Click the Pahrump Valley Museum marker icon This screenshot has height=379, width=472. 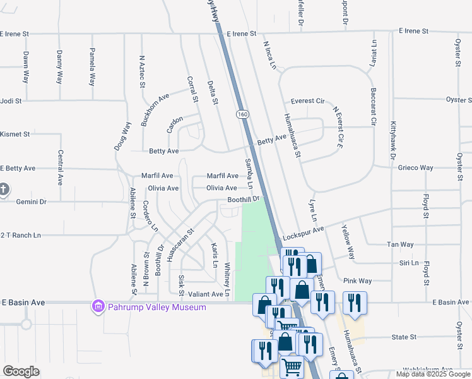coord(98,308)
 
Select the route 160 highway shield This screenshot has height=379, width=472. coord(243,114)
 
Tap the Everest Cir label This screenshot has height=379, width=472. coord(307,101)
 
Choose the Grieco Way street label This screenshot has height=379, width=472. coord(415,168)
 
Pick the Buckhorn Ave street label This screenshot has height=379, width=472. coord(155,109)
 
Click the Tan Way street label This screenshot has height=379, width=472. coord(399,244)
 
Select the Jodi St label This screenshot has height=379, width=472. coord(11,100)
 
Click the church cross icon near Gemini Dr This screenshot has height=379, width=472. coord(4,189)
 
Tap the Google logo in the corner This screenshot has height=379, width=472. coord(21,371)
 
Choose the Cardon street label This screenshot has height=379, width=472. coord(175,123)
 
